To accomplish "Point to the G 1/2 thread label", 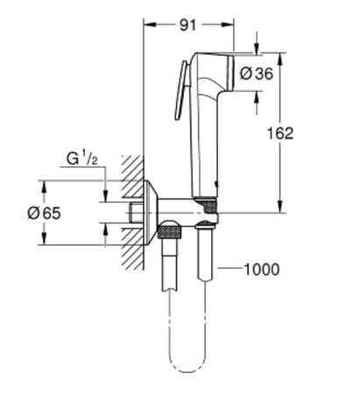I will click(x=81, y=159).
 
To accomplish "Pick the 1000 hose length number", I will click(x=260, y=270).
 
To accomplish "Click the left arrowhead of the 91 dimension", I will click(x=147, y=26).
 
